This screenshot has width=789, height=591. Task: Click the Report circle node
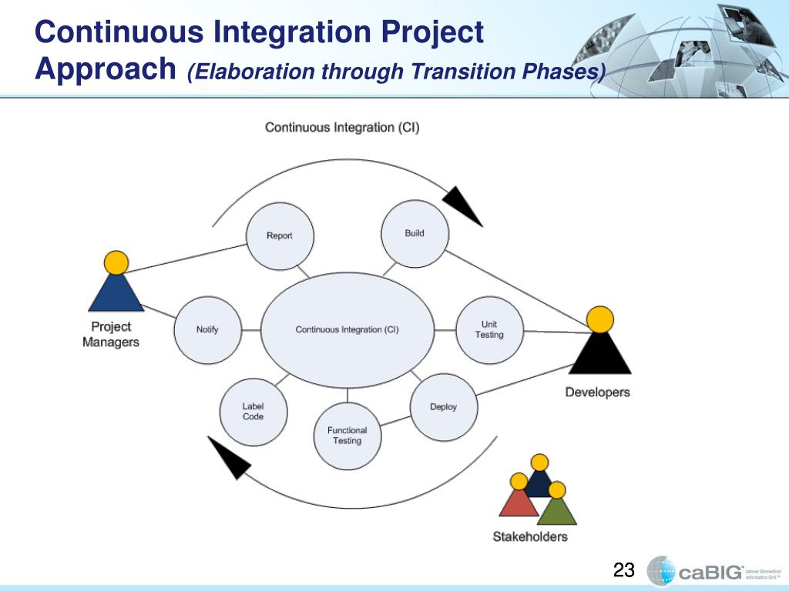point(280,235)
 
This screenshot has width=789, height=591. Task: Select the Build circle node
point(415,233)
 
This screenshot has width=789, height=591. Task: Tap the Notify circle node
point(207,329)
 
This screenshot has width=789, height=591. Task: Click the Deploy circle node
point(443,407)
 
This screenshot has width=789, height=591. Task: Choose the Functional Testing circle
point(347,436)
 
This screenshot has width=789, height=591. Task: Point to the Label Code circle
point(253,412)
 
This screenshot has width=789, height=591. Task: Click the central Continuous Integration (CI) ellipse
point(347,329)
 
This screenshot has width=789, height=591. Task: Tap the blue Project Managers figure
point(116,289)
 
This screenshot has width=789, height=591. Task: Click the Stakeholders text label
point(530,536)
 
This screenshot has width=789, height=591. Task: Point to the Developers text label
point(597,392)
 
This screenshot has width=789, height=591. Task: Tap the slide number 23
point(623,570)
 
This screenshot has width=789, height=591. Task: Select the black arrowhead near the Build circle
point(462,205)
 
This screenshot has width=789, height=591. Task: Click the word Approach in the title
point(106,70)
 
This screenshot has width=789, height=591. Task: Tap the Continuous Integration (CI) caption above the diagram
point(342,127)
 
